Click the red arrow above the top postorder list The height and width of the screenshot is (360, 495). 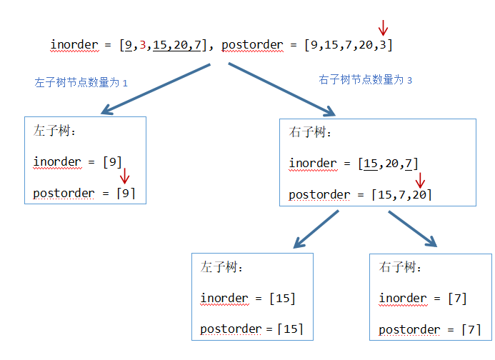[384, 27]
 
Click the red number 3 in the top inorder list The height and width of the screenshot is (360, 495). [143, 45]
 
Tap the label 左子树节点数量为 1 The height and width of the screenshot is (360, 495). [81, 82]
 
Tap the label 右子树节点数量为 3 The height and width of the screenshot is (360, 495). [365, 80]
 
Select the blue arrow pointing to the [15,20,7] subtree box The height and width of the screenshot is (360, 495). [283, 89]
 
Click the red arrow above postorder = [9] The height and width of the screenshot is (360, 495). [124, 176]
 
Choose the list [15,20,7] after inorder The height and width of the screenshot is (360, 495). [389, 164]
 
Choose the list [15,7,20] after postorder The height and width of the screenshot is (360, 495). [401, 195]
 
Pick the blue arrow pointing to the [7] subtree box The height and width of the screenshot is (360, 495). [412, 229]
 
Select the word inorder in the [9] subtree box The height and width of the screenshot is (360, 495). [57, 161]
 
